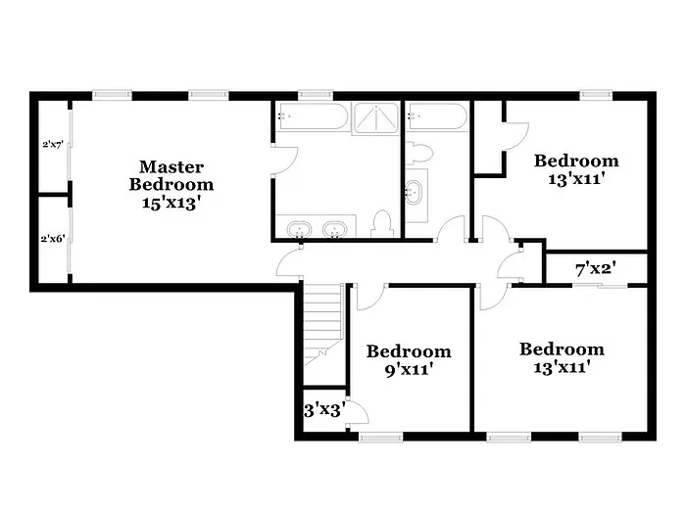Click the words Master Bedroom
[171, 175]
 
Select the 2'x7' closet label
[53, 144]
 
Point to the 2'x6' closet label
[53, 238]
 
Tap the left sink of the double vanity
[298, 230]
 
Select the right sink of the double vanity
[335, 230]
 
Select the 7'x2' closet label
[595, 266]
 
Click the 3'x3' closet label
[324, 409]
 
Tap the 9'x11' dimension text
[408, 370]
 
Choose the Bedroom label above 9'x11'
[409, 351]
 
